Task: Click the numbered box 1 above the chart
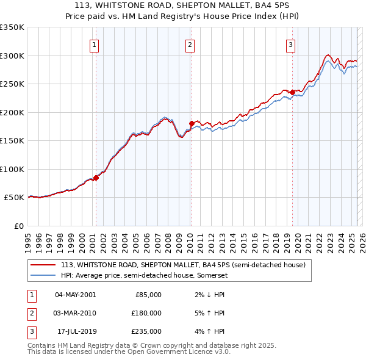coord(95,45)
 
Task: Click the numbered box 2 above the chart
coord(190,45)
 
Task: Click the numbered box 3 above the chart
coord(291,45)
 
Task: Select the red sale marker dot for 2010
coord(191,124)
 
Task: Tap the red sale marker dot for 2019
coord(292,92)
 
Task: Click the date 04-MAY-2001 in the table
coord(75,294)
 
